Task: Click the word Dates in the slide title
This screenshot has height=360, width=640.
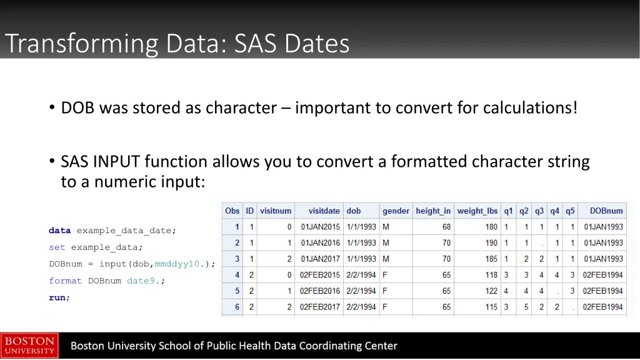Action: (316, 44)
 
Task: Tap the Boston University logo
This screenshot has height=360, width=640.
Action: (29, 346)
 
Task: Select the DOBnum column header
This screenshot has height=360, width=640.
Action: (606, 211)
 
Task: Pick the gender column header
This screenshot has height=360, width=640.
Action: (396, 211)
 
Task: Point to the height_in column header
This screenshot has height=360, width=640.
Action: (432, 211)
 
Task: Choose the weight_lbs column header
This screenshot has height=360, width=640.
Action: (477, 211)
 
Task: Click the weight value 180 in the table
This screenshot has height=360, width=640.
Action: (491, 227)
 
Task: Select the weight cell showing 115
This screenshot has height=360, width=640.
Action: (491, 307)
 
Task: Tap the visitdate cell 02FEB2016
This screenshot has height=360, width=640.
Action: (320, 291)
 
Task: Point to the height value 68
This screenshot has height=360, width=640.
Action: (446, 227)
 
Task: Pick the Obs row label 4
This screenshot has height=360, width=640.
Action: (237, 275)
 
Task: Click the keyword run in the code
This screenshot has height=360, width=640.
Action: (57, 297)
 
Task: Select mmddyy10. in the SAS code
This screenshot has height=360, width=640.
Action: (178, 264)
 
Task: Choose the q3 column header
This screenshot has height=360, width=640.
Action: (539, 211)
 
